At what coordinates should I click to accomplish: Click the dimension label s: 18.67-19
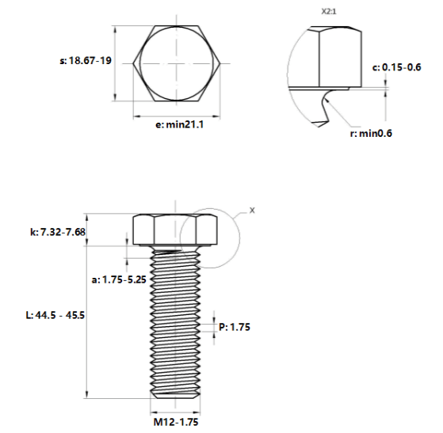pos(86,61)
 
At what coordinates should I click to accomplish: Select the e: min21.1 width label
pos(180,124)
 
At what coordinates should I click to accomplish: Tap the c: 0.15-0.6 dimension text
pos(397,67)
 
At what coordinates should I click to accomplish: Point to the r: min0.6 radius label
pos(371,133)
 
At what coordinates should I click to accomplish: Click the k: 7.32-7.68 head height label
pos(58,232)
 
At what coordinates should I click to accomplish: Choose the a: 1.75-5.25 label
pos(119,279)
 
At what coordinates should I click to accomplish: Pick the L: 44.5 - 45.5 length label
pos(55,315)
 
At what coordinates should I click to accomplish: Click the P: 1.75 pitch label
pos(235,327)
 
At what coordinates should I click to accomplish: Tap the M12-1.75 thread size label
pos(176,422)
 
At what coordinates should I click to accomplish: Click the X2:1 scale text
pos(329,12)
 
